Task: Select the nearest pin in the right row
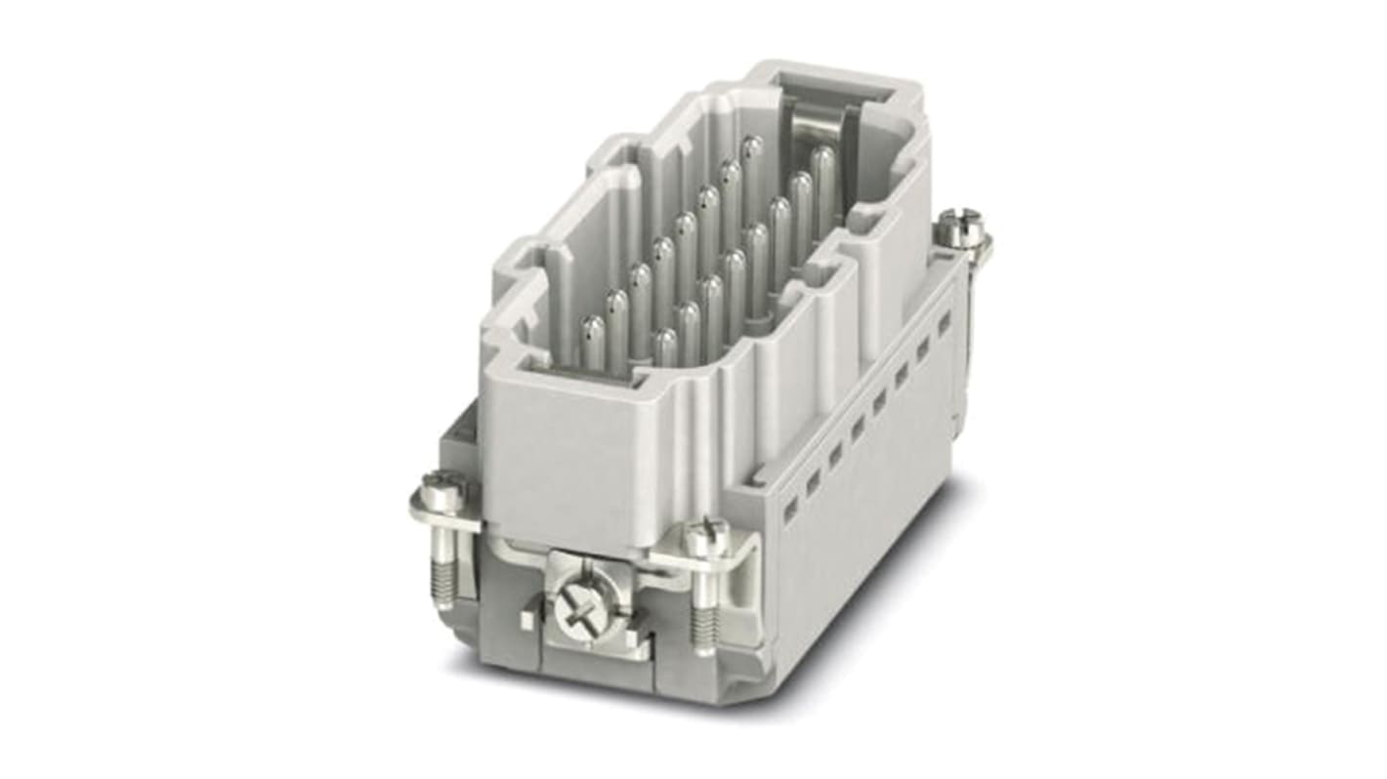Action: [665, 347]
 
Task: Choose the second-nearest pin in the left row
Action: [616, 312]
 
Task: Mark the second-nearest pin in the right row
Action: [689, 322]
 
